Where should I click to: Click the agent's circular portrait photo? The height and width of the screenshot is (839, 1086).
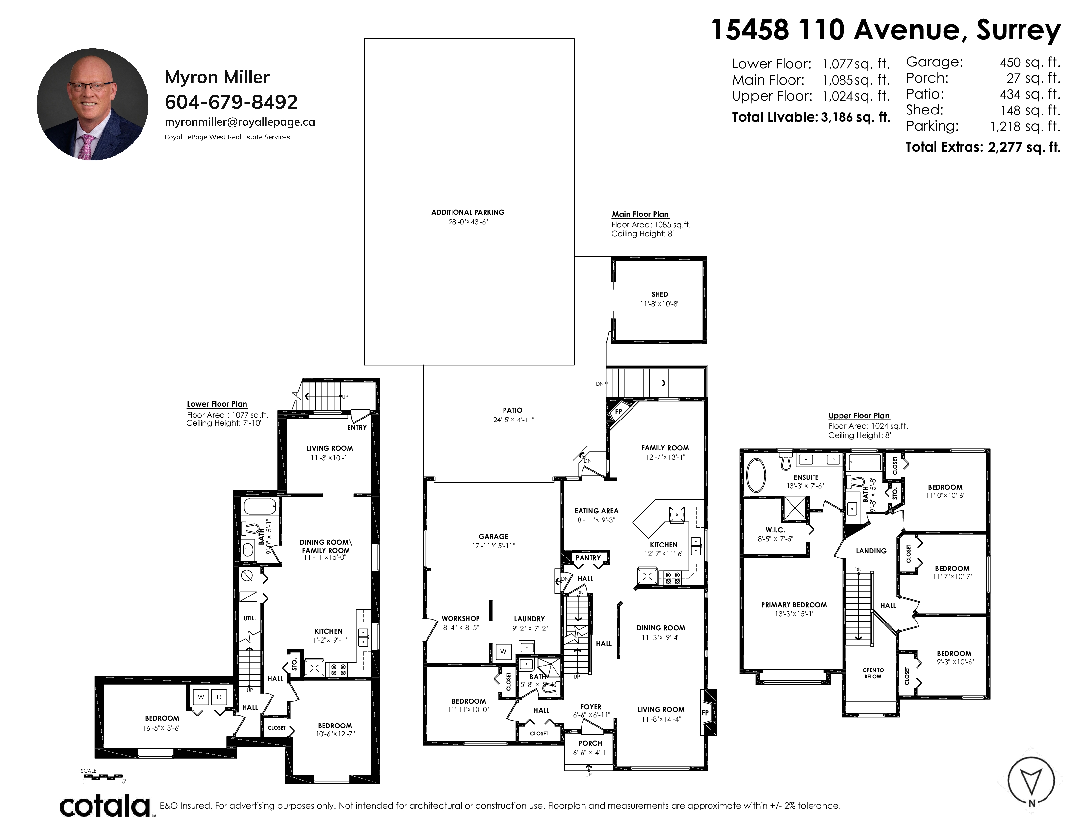pos(92,104)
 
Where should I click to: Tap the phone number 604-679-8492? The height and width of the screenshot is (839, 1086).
pos(231,102)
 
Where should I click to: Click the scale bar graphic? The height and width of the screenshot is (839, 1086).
pos(102,776)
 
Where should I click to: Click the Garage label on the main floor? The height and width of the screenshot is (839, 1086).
pos(493,536)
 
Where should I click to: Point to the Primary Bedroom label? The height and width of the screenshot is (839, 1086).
pos(794,605)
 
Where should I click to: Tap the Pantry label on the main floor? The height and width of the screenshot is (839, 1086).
pos(588,558)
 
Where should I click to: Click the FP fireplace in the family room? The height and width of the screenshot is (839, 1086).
pos(619,412)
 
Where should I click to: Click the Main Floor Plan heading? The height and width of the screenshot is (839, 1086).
pos(640,214)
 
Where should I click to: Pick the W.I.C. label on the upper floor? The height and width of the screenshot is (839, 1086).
pos(775,530)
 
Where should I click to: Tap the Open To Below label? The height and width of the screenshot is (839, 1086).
pos(873,673)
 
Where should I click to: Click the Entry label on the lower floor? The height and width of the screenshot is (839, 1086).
pos(357,427)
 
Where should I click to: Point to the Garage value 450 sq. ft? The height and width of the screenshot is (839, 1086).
pos(1030,63)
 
